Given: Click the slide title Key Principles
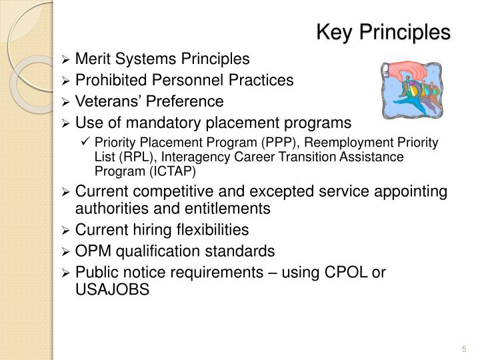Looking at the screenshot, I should (383, 31).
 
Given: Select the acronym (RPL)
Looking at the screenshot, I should (137, 157).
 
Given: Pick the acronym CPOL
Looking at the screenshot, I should (347, 273).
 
